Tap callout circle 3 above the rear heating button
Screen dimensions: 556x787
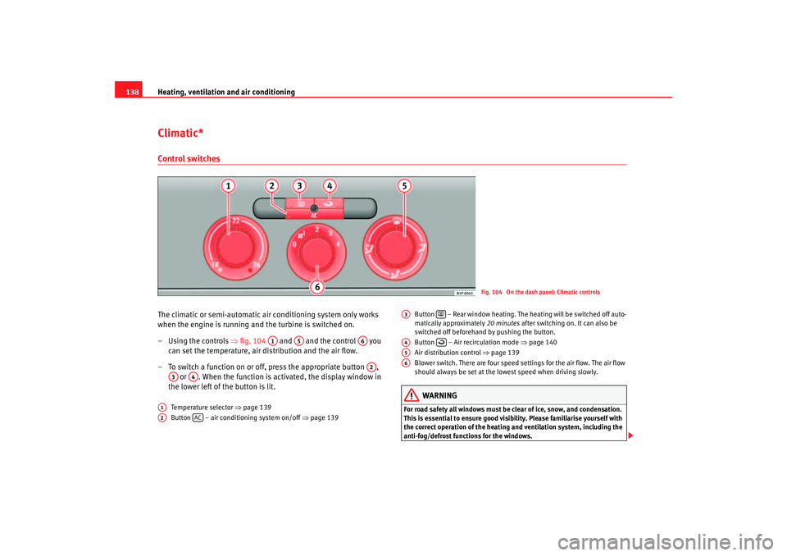pos(301,187)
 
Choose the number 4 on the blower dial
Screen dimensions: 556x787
pos(338,244)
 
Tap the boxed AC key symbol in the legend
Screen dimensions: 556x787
pos(198,417)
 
